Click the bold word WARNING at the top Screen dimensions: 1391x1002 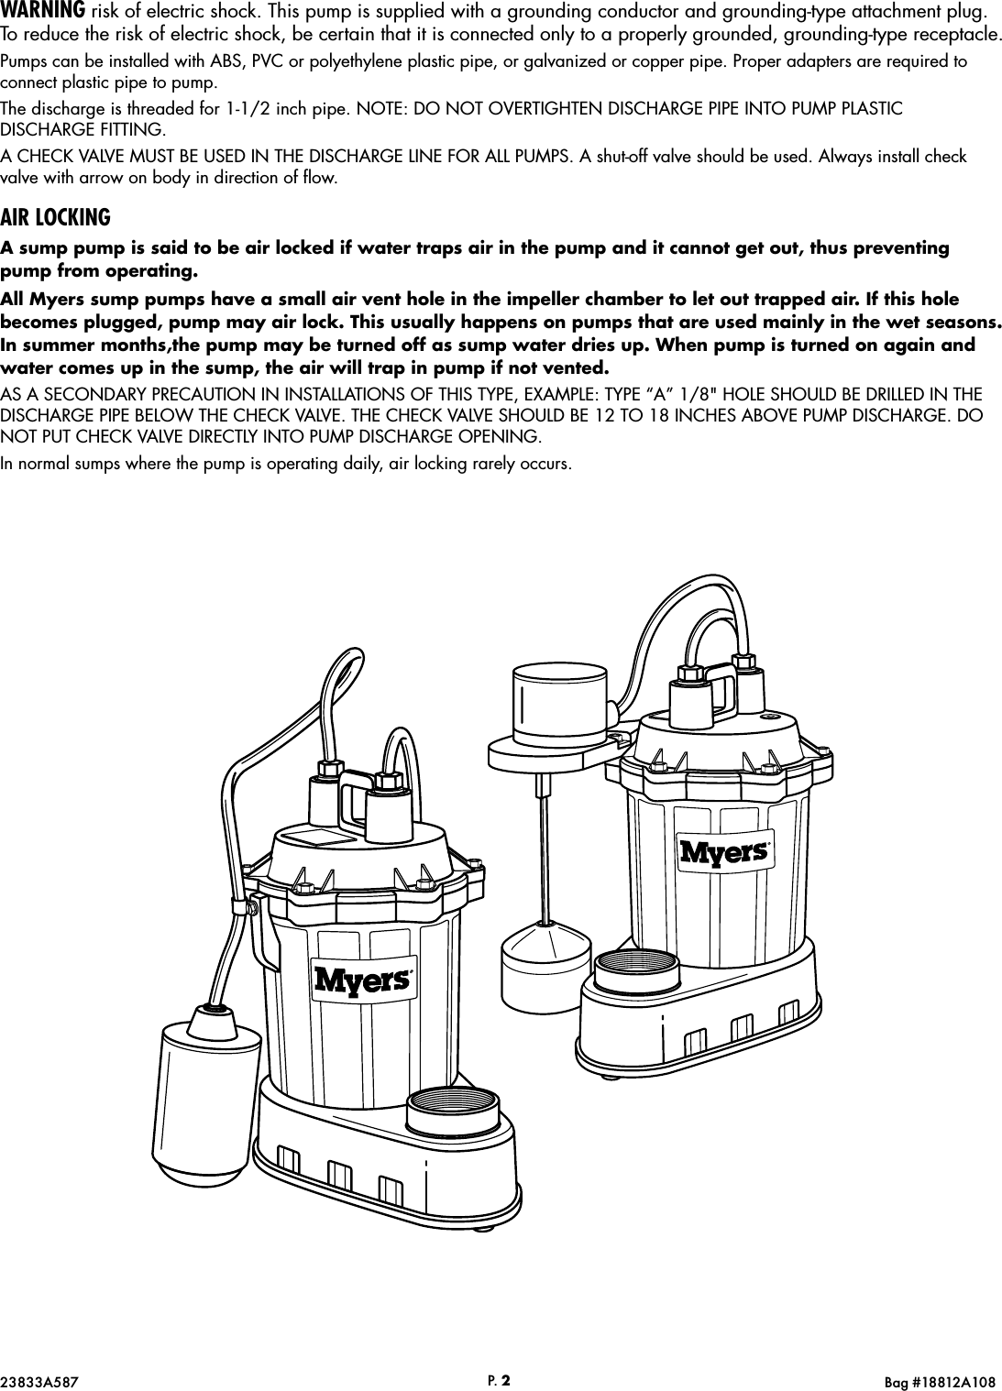pos(43,13)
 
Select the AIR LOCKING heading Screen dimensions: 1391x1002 pos(55,218)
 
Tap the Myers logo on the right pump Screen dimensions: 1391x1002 pos(724,851)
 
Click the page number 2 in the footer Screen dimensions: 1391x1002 pos(505,1375)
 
